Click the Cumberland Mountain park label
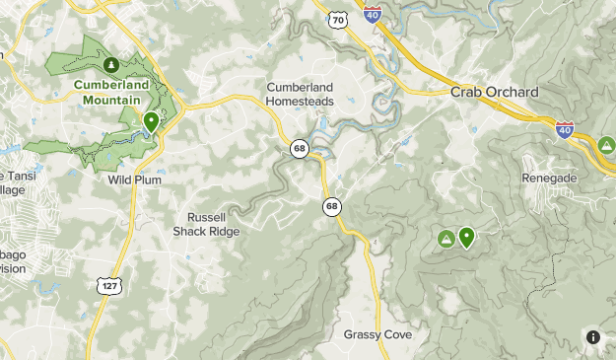click(110, 92)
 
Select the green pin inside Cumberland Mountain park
click(151, 122)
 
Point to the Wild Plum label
click(134, 180)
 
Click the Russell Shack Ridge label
click(206, 224)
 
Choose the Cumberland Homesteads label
click(301, 94)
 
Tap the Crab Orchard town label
click(495, 92)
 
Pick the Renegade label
click(549, 178)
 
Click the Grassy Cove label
click(377, 334)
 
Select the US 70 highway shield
click(339, 19)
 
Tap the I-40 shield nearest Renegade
click(565, 129)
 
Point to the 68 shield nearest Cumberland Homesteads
click(300, 148)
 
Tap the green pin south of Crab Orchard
click(465, 237)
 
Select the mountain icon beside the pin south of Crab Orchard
click(446, 239)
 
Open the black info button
click(593, 337)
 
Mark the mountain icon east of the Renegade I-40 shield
click(607, 145)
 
